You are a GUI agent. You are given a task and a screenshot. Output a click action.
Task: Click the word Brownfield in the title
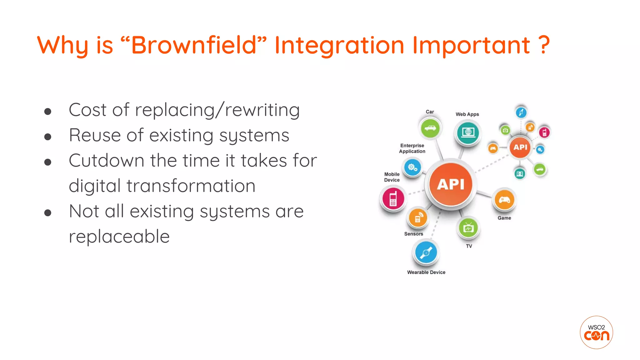194,45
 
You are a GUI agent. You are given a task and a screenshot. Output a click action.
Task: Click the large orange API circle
451,184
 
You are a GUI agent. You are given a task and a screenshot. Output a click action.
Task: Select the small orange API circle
520,147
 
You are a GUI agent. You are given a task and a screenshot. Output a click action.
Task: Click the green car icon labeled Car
430,128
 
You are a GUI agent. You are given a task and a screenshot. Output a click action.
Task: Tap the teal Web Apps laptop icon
468,132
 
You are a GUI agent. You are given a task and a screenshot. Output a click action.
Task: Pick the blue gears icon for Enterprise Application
412,167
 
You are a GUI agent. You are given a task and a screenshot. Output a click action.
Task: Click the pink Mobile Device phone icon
393,198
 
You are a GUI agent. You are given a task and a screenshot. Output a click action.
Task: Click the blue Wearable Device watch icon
426,252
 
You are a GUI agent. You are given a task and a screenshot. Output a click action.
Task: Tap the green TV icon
468,228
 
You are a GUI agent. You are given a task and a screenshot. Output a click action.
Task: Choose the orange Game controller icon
504,200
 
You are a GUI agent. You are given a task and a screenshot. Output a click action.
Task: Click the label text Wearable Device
426,272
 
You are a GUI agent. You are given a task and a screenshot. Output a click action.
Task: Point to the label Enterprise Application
412,148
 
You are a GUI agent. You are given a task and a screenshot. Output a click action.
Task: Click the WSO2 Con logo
596,332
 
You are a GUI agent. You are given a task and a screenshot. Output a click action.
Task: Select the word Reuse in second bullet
95,135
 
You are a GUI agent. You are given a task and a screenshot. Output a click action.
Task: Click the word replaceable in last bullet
119,237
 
